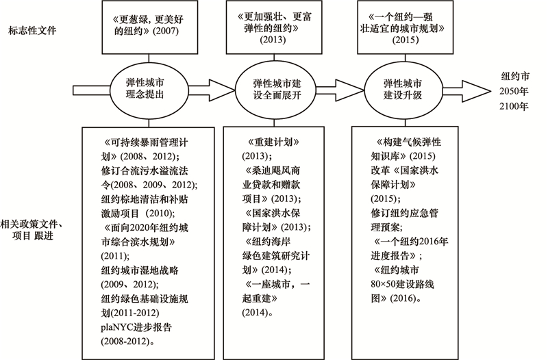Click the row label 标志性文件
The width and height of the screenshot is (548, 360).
[x=32, y=31]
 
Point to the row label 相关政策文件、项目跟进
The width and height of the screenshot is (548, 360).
[x=31, y=230]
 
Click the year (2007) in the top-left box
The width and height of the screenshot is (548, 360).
[x=166, y=31]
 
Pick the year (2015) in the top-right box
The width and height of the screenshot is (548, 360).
[x=405, y=40]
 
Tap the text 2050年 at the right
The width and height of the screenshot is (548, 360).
[x=513, y=92]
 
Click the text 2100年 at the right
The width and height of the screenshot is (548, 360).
[x=513, y=106]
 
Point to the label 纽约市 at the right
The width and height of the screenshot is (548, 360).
[x=515, y=77]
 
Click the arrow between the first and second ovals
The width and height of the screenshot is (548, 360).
[x=212, y=90]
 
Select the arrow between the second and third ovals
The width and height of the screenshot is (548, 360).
[x=340, y=90]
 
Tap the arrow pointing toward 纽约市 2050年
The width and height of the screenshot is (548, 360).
[x=466, y=91]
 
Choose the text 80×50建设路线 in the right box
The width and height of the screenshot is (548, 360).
[x=402, y=284]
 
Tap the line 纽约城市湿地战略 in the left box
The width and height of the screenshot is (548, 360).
[x=140, y=270]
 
